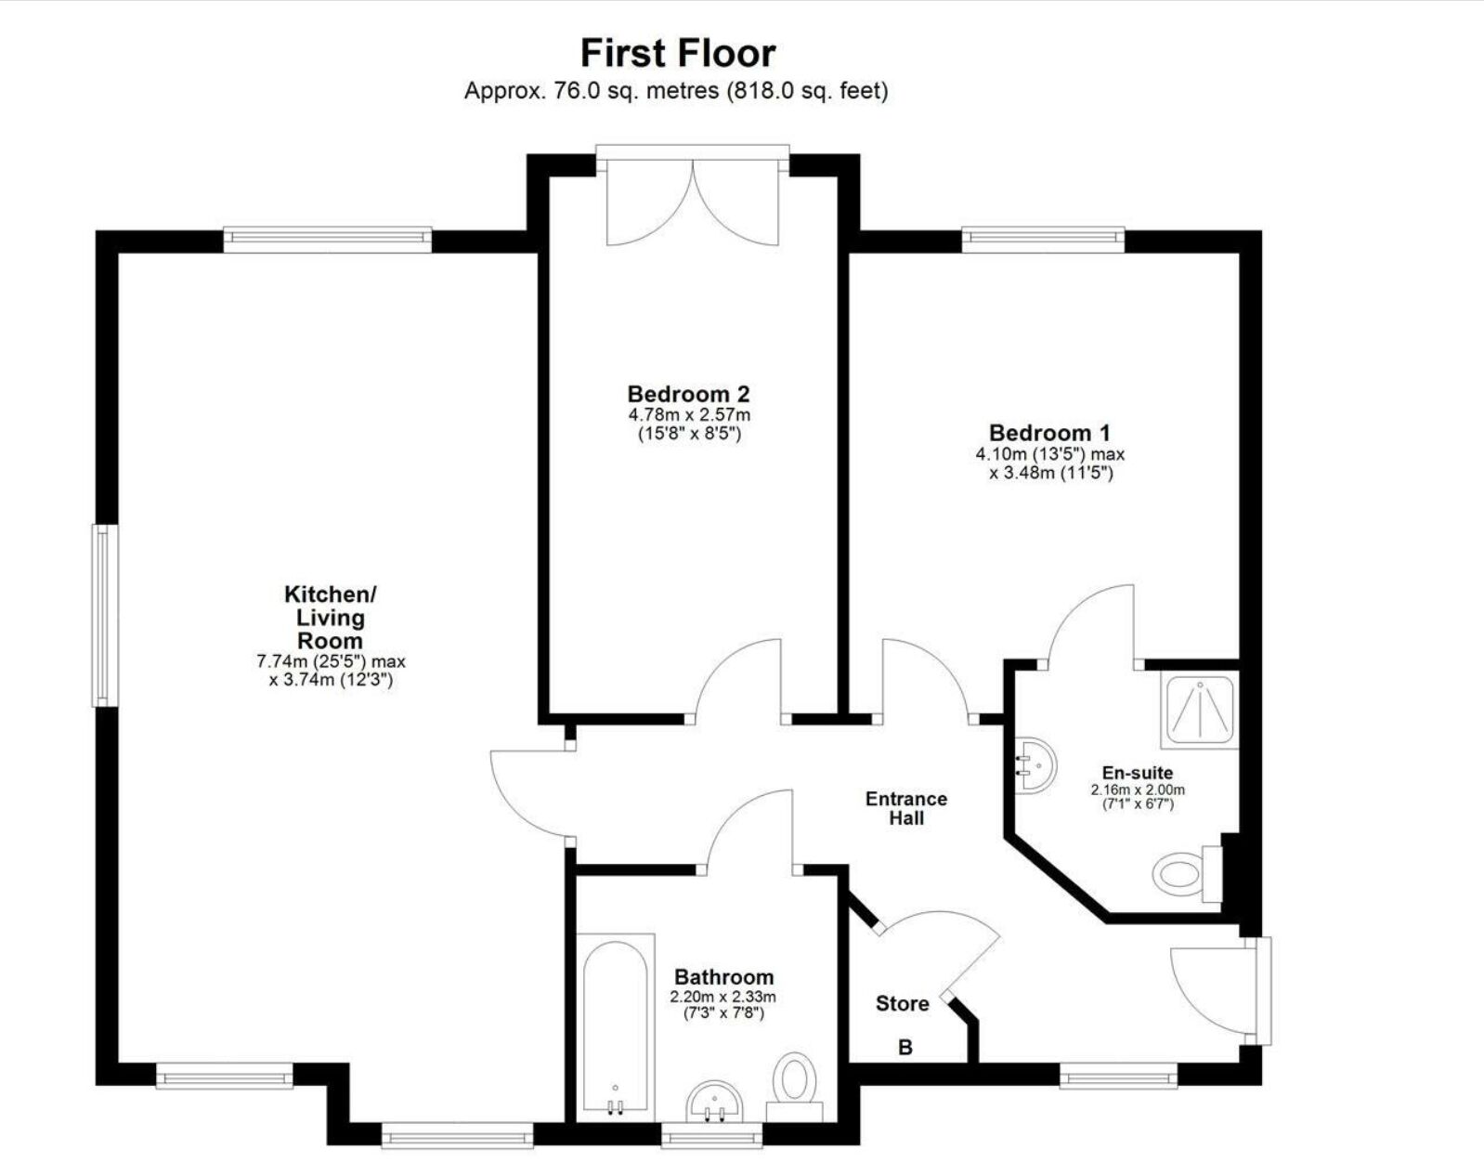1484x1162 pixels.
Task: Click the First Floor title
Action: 677,53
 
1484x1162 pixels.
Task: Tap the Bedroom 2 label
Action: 688,394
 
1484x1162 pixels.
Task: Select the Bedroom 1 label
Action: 1049,433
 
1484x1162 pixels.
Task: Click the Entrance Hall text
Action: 906,808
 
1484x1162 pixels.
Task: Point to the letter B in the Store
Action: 905,1048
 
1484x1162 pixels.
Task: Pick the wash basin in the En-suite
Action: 1035,766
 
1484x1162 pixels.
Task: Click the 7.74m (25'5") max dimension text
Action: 331,662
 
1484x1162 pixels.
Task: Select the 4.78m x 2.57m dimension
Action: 688,415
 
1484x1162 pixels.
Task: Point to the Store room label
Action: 902,1003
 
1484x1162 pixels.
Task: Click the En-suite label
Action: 1137,773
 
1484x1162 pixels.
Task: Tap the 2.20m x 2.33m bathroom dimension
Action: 723,997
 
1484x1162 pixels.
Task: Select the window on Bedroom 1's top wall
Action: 1043,240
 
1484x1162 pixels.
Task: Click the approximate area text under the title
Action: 676,91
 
